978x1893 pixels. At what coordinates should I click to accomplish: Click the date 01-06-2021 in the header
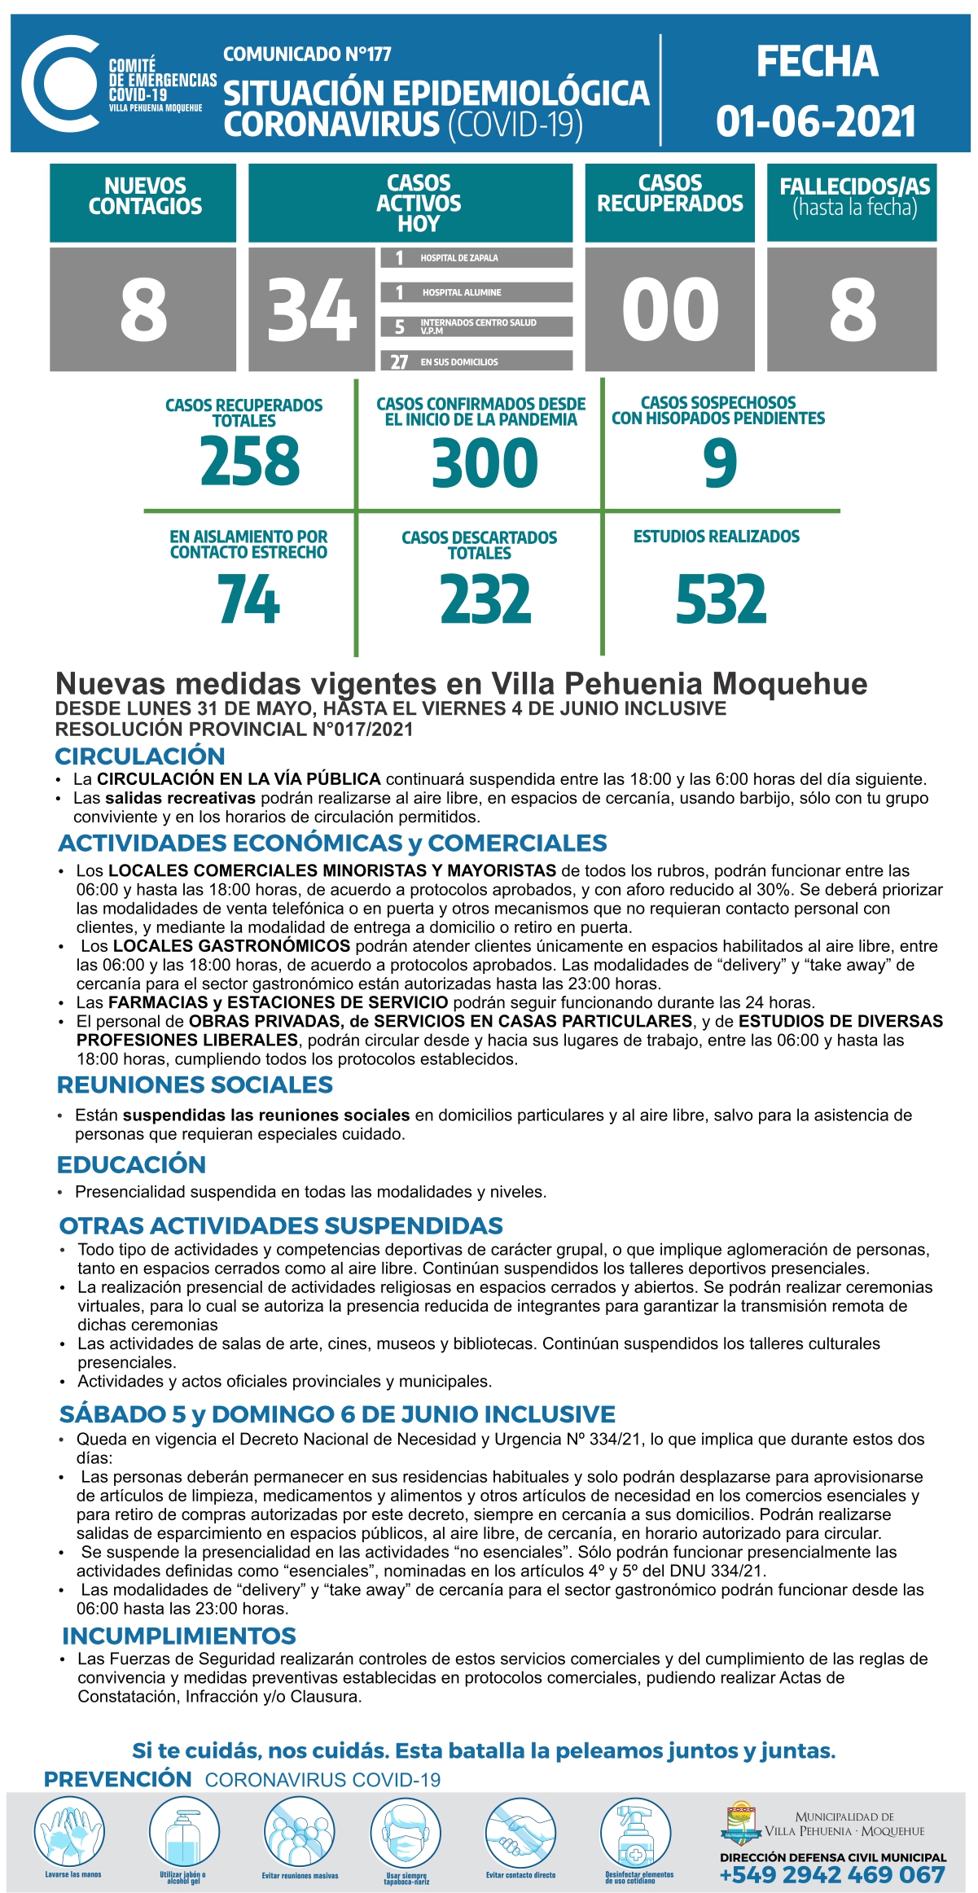point(816,121)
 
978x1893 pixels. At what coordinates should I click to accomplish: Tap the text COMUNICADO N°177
point(307,55)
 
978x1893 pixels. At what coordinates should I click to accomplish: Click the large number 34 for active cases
point(312,309)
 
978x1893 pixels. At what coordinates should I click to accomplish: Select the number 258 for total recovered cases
point(250,460)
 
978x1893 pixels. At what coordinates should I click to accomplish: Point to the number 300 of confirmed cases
point(485,462)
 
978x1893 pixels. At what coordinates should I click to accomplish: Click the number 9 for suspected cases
point(720,462)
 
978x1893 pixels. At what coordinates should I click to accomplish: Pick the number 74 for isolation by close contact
point(248,600)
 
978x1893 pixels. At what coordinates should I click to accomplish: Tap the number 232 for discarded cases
point(485,600)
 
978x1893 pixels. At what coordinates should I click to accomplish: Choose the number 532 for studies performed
point(721,600)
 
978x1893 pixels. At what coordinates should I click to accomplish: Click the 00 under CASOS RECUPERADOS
point(670,309)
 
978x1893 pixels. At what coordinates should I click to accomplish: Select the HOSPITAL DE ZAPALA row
point(476,258)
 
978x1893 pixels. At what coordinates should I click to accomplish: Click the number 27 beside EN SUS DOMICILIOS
point(399,362)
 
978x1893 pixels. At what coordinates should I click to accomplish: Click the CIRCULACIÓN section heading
point(140,756)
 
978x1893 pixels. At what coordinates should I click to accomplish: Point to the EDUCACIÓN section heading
point(131,1164)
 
